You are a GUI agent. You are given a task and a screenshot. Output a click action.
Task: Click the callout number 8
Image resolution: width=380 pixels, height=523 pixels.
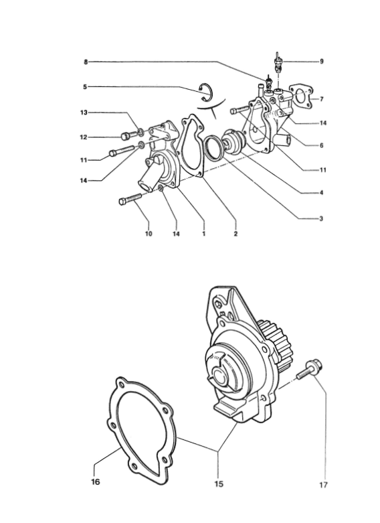tap(86, 62)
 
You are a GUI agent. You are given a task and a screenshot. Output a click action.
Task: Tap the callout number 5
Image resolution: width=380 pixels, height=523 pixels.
tap(85, 87)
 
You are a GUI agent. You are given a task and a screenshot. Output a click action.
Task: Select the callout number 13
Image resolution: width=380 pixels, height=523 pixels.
tap(84, 113)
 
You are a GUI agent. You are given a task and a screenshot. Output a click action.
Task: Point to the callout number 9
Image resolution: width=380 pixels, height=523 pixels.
tap(321, 62)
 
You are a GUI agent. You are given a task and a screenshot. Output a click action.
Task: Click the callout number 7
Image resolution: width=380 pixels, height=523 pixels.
tap(321, 99)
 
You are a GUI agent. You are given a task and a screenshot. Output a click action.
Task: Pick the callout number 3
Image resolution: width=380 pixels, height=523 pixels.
tap(321, 219)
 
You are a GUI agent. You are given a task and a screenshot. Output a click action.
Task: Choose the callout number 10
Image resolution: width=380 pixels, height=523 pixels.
tap(149, 234)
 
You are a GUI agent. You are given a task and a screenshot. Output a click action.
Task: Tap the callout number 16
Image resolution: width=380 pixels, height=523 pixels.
tap(96, 482)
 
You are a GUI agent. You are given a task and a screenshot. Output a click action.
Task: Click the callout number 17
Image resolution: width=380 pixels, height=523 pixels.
tap(323, 485)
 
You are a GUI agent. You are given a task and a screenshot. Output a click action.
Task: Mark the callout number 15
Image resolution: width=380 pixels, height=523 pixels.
tap(219, 483)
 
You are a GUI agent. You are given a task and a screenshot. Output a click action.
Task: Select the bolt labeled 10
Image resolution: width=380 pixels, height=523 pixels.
tap(130, 199)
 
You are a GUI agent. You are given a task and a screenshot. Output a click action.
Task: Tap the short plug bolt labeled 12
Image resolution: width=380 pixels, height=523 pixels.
tap(129, 136)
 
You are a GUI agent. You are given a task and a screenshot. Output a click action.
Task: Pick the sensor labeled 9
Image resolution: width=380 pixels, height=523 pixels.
tap(278, 64)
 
